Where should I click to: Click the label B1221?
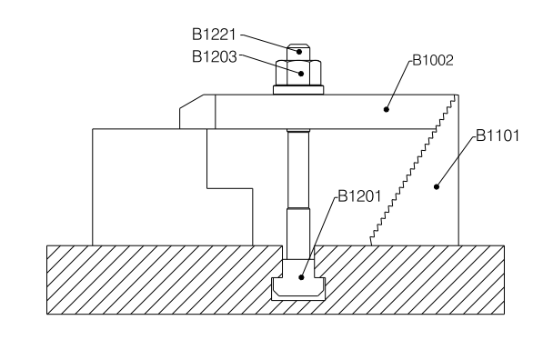[214, 35]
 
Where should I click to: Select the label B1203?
[214, 56]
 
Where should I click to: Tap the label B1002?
[433, 60]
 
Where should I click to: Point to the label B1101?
[498, 135]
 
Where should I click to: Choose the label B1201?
[359, 196]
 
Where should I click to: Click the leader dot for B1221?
[299, 52]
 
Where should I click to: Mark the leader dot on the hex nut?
[301, 74]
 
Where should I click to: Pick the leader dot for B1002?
[387, 109]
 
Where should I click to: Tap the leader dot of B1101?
[437, 186]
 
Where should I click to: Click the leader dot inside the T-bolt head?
[301, 277]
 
